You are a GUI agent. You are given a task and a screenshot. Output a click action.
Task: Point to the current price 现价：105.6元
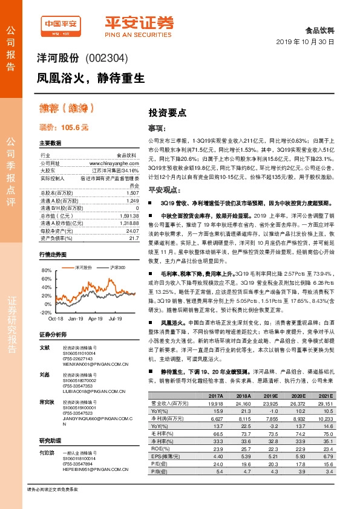point(64,128)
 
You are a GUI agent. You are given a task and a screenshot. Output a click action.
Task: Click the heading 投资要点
point(167,112)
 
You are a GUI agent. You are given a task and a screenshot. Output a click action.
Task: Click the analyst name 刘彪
point(44,375)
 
